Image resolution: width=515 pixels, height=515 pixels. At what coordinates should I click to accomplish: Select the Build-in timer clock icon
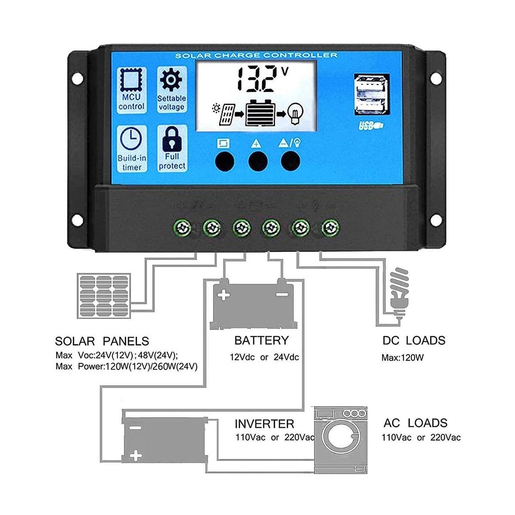pyautogui.click(x=131, y=139)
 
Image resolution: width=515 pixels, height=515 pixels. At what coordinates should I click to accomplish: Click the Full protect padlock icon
pyautogui.click(x=172, y=139)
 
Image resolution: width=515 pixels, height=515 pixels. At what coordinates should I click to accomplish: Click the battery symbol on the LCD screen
pyautogui.click(x=261, y=113)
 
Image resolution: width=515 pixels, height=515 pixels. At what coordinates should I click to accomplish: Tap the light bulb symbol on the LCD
pyautogui.click(x=295, y=112)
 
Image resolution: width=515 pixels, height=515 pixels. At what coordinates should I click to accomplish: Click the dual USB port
pyautogui.click(x=371, y=95)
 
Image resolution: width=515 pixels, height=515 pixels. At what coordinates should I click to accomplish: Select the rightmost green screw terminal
pyautogui.click(x=330, y=227)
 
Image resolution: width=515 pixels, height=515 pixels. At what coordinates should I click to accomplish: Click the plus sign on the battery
pyautogui.click(x=224, y=295)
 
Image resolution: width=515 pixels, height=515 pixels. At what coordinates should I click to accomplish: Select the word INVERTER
pyautogui.click(x=264, y=424)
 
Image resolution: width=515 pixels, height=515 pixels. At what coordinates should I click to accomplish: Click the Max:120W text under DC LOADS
pyautogui.click(x=402, y=357)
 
